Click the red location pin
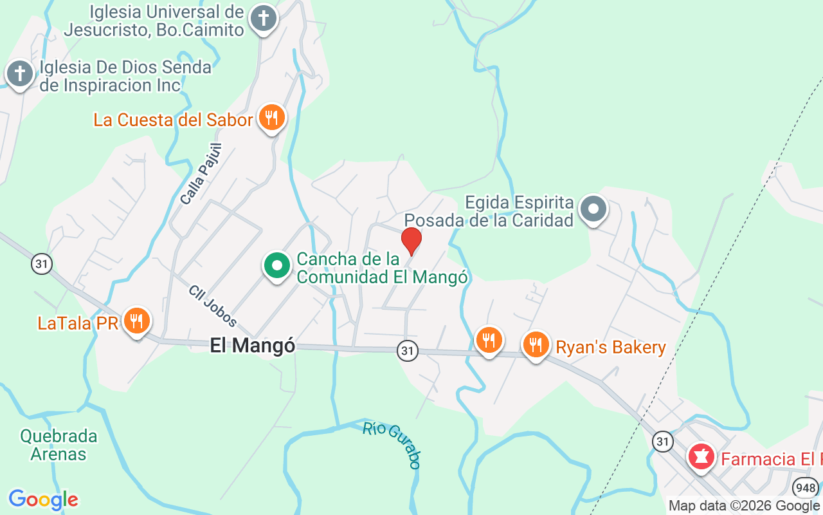click(411, 240)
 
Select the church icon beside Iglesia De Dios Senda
click(20, 74)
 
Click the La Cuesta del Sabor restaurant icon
click(272, 118)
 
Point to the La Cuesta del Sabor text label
click(173, 120)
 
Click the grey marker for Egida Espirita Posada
click(593, 209)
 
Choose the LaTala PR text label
click(78, 323)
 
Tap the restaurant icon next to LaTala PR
click(136, 320)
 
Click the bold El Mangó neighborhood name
click(253, 346)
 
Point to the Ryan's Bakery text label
click(610, 348)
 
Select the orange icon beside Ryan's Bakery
click(535, 345)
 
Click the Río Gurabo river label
click(392, 444)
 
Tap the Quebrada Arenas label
click(59, 445)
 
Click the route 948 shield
click(806, 487)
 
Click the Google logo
click(44, 500)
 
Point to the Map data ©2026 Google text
click(744, 506)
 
